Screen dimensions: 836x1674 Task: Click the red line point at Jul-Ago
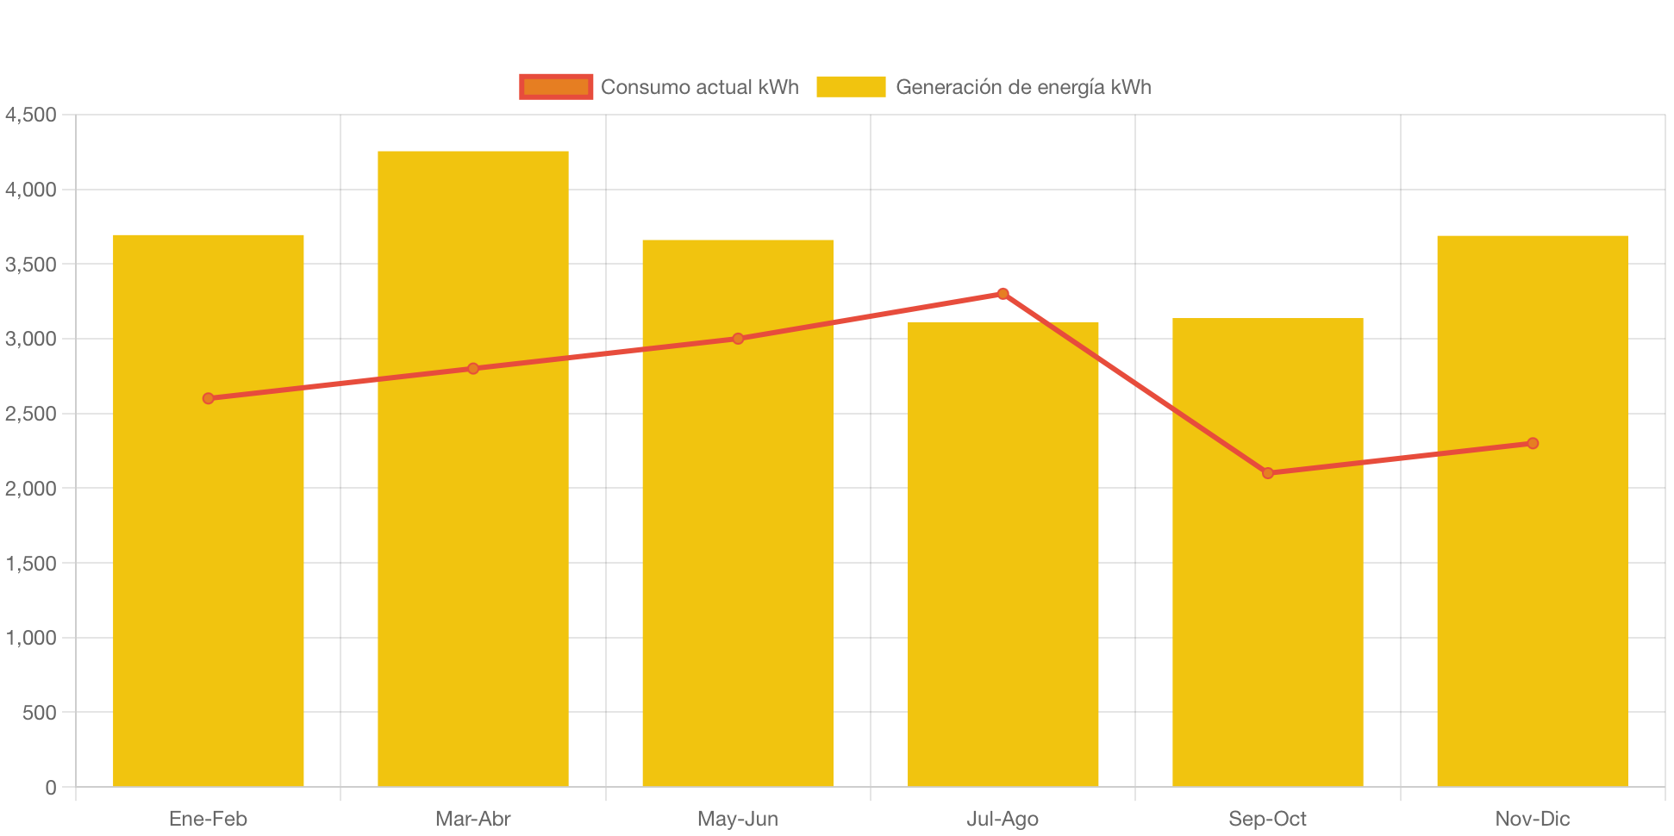click(1003, 294)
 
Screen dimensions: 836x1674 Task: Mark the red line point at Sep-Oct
click(1267, 473)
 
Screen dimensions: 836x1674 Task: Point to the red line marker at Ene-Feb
click(208, 398)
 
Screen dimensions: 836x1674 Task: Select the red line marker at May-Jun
click(738, 339)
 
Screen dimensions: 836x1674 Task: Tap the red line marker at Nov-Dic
click(1532, 443)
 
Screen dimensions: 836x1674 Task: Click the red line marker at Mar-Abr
click(472, 369)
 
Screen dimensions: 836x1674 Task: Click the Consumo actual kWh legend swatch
click(556, 87)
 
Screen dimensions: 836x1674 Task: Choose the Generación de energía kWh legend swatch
click(851, 87)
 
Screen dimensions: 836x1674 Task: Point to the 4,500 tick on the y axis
click(31, 115)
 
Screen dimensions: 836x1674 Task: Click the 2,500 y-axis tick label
click(31, 414)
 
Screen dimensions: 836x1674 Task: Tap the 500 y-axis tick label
click(40, 713)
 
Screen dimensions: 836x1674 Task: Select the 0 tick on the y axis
click(51, 787)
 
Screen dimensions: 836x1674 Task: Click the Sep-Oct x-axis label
click(1267, 819)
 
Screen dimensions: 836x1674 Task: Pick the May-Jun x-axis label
click(738, 819)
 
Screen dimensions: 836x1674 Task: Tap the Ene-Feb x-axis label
click(208, 819)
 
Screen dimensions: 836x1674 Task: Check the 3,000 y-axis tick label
click(31, 339)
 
